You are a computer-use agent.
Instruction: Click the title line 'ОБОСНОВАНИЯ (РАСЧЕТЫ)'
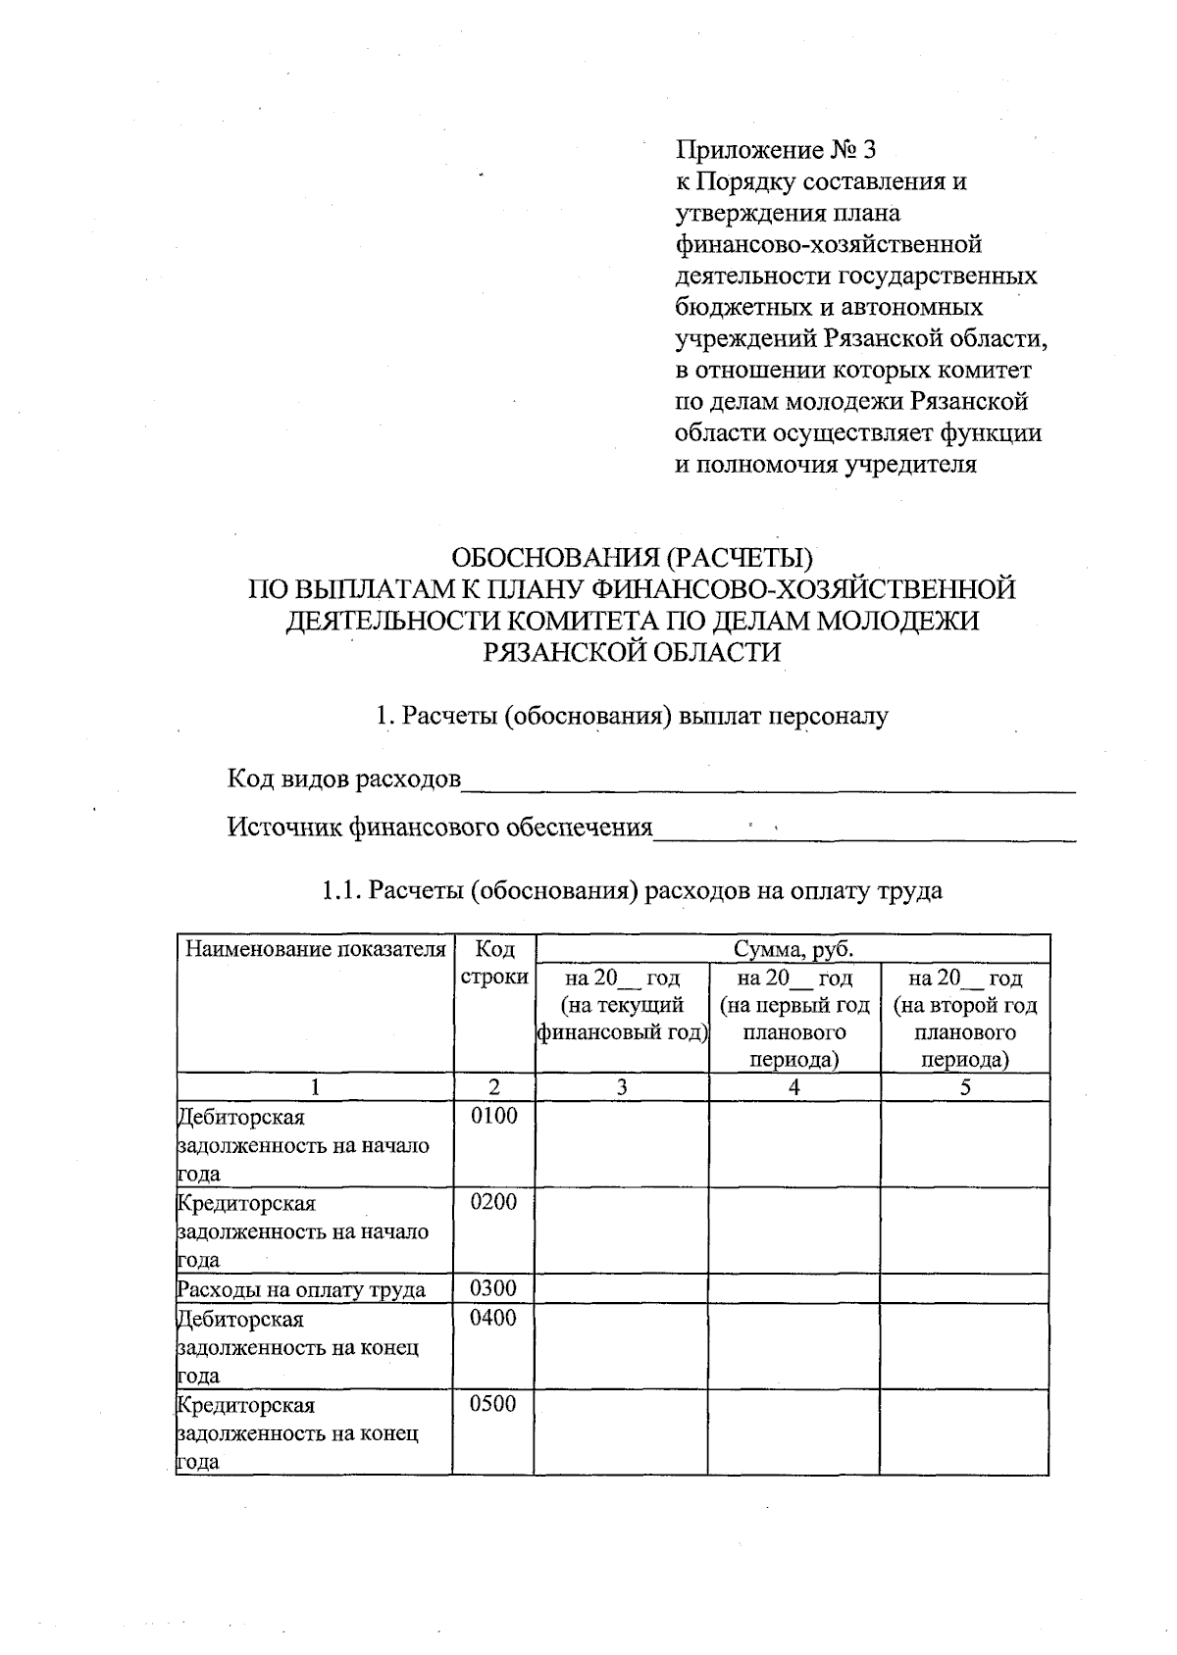click(x=632, y=558)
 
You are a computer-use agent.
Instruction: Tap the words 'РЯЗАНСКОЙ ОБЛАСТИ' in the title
click(x=632, y=652)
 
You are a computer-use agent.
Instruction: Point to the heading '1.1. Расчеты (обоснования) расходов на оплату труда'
click(x=632, y=890)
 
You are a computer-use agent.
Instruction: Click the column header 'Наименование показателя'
click(x=315, y=949)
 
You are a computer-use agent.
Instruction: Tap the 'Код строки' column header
click(x=493, y=963)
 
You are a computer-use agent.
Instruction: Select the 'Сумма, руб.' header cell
click(x=793, y=949)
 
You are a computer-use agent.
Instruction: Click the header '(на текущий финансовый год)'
click(x=622, y=1019)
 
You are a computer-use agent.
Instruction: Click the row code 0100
click(x=493, y=1116)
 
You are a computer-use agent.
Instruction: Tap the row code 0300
click(x=493, y=1288)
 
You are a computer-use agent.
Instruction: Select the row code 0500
click(x=493, y=1404)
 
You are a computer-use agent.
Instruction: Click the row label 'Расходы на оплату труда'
click(x=301, y=1289)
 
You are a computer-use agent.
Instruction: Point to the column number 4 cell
click(x=793, y=1086)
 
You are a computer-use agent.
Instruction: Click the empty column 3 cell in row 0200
click(x=622, y=1230)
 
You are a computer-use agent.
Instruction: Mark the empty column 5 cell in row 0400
click(x=965, y=1345)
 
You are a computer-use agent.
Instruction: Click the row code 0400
click(x=493, y=1318)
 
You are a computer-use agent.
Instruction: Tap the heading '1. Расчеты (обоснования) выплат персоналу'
click(x=632, y=716)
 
